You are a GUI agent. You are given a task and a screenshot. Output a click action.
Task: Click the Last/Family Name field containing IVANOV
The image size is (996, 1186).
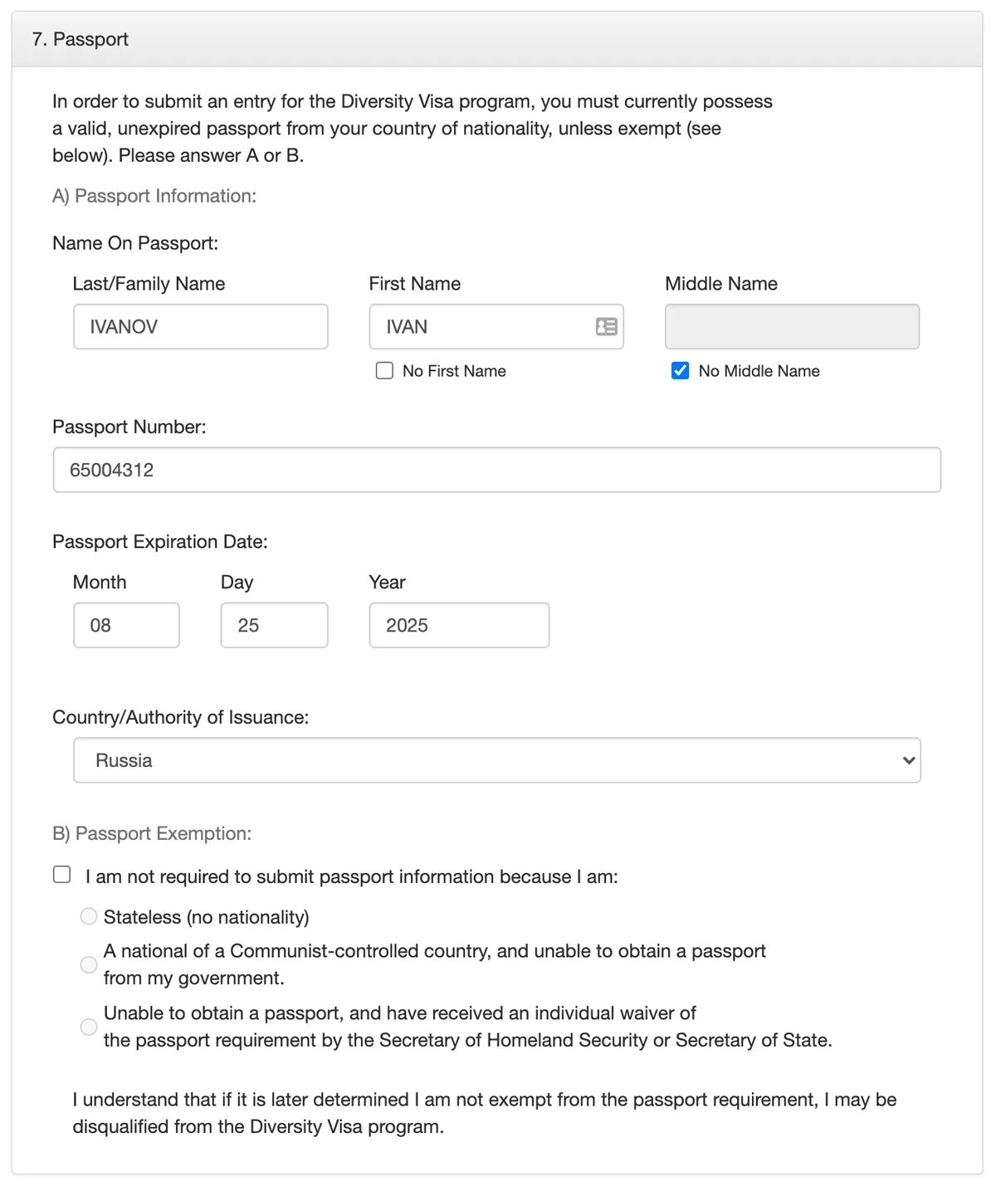(200, 326)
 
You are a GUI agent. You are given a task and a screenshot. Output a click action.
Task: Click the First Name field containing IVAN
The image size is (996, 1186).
(481, 326)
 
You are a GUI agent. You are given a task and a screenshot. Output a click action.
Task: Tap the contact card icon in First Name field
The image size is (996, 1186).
(607, 326)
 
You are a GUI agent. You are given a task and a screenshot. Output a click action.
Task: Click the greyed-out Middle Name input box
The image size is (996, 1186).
(792, 326)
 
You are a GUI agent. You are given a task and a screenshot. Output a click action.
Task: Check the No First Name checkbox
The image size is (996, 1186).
(384, 370)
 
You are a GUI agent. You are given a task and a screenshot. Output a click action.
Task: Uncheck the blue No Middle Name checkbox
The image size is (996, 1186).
(680, 370)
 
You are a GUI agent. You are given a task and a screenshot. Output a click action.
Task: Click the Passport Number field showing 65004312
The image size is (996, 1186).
(496, 470)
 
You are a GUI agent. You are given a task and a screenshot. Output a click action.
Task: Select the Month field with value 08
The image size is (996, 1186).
(126, 625)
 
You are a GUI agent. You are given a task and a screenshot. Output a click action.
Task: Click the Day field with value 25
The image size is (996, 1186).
(274, 625)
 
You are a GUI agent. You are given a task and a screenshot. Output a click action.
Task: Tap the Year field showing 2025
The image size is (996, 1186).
(459, 625)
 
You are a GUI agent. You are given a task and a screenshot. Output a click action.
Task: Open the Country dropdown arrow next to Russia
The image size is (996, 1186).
(909, 760)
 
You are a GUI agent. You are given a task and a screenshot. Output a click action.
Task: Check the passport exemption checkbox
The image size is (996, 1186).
(62, 875)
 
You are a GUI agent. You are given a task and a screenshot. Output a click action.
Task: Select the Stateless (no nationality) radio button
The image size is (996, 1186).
(89, 916)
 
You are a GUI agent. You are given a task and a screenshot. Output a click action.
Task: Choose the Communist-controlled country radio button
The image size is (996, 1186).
(89, 964)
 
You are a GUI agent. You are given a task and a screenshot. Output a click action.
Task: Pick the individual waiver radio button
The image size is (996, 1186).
(89, 1027)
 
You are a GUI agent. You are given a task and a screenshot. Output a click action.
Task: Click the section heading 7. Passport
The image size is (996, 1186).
(81, 39)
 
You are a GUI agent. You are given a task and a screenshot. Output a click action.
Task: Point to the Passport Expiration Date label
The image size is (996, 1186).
(160, 542)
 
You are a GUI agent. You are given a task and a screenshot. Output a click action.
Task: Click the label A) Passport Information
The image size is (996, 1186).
(154, 196)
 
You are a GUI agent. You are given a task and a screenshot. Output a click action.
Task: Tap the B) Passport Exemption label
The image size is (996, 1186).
(152, 833)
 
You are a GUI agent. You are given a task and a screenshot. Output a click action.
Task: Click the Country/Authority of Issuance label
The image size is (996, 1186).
(180, 717)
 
